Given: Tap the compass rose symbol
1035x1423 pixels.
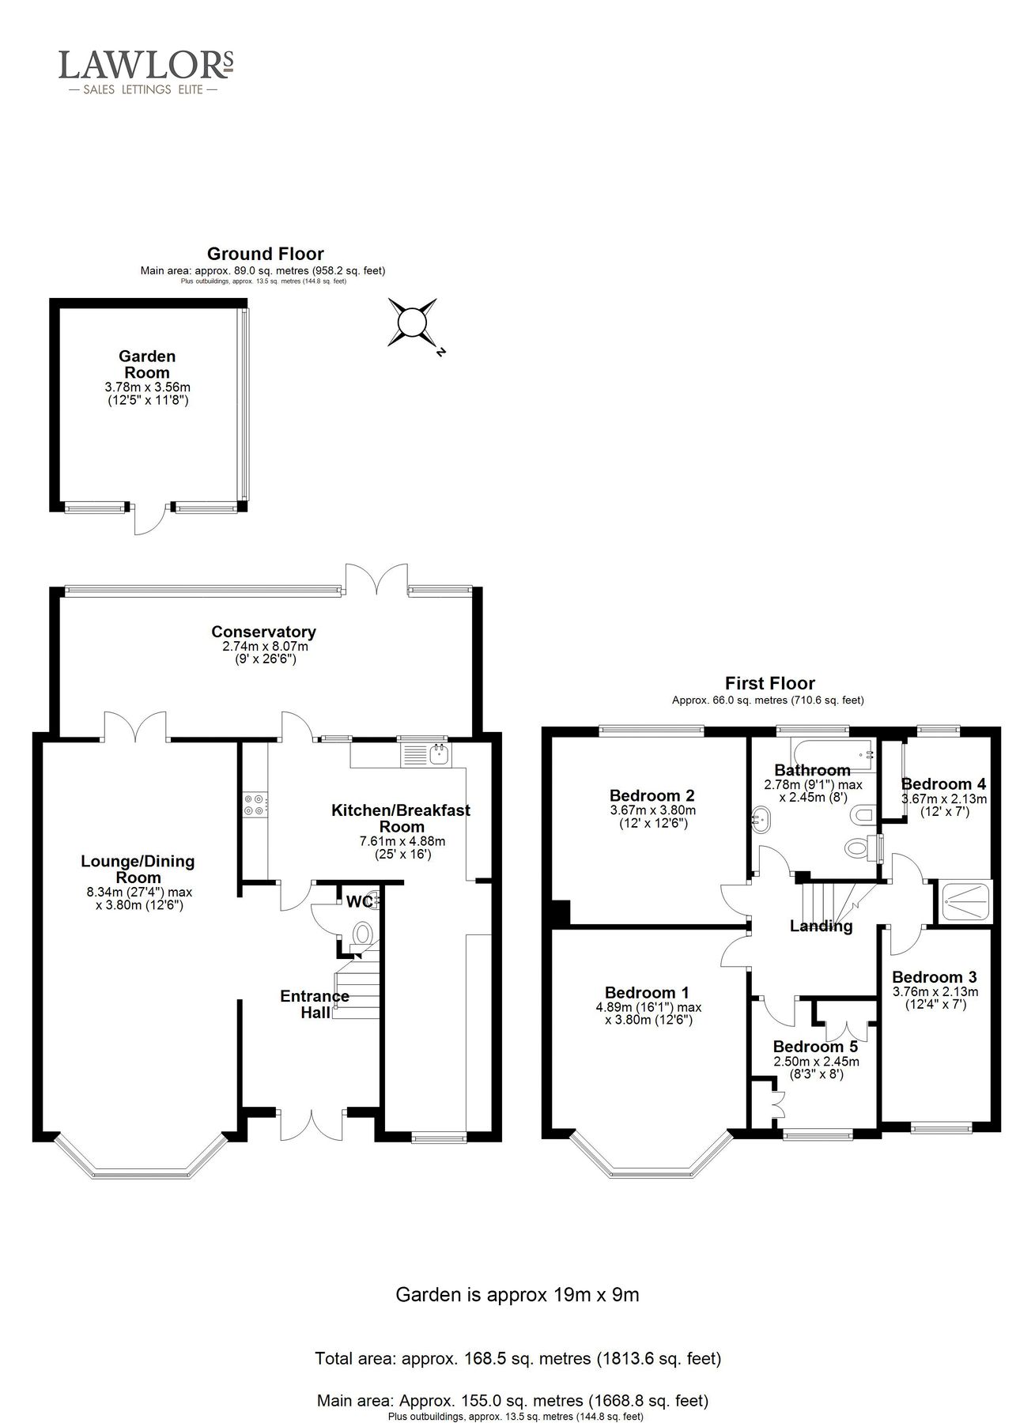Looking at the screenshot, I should click(x=412, y=323).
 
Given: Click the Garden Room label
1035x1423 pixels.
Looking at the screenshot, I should click(x=147, y=364).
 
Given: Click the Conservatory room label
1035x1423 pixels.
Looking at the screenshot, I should click(x=263, y=632).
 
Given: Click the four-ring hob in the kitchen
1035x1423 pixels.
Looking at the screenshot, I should click(x=255, y=804).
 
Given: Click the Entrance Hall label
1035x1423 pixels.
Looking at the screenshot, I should click(x=314, y=1004).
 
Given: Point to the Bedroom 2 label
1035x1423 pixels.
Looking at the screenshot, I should click(x=652, y=795).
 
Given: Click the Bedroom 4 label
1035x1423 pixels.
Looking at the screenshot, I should click(x=943, y=784).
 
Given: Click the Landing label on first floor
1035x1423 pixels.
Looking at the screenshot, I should click(x=821, y=927).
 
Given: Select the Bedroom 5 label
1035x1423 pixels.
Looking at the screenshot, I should click(x=814, y=1047).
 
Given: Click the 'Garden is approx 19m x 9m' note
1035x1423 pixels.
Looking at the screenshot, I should click(x=516, y=1295).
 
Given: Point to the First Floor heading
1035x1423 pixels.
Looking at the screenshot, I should click(x=769, y=683).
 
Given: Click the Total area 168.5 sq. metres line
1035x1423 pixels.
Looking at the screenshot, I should click(x=517, y=1359).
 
